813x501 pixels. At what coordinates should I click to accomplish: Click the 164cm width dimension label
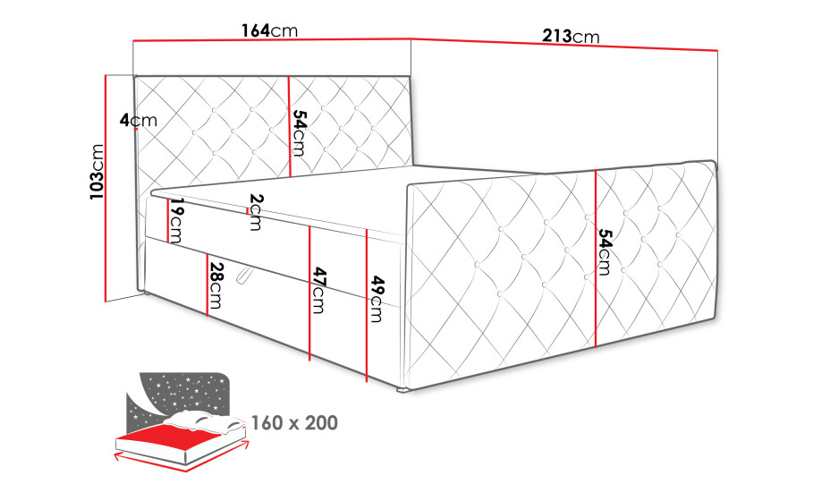(269, 30)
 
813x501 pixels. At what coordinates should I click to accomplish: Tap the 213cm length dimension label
(571, 36)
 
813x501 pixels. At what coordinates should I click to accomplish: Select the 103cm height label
(97, 172)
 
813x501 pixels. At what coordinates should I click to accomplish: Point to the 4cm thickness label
(139, 120)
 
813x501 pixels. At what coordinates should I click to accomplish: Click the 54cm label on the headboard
(299, 132)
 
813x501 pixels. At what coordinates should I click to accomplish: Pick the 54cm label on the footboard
(605, 252)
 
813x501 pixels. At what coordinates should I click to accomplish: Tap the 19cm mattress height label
(176, 220)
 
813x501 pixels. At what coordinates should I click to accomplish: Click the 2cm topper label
(256, 212)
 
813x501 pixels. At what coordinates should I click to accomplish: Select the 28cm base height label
(216, 284)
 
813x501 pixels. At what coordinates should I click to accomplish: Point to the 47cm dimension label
(318, 291)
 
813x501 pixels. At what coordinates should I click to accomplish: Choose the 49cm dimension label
(377, 299)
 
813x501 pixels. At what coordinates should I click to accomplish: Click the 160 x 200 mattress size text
(294, 423)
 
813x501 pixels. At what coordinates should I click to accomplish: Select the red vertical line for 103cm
(106, 188)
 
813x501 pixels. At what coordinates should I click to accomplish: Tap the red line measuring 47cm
(309, 293)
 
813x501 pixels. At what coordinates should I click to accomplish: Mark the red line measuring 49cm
(367, 306)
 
